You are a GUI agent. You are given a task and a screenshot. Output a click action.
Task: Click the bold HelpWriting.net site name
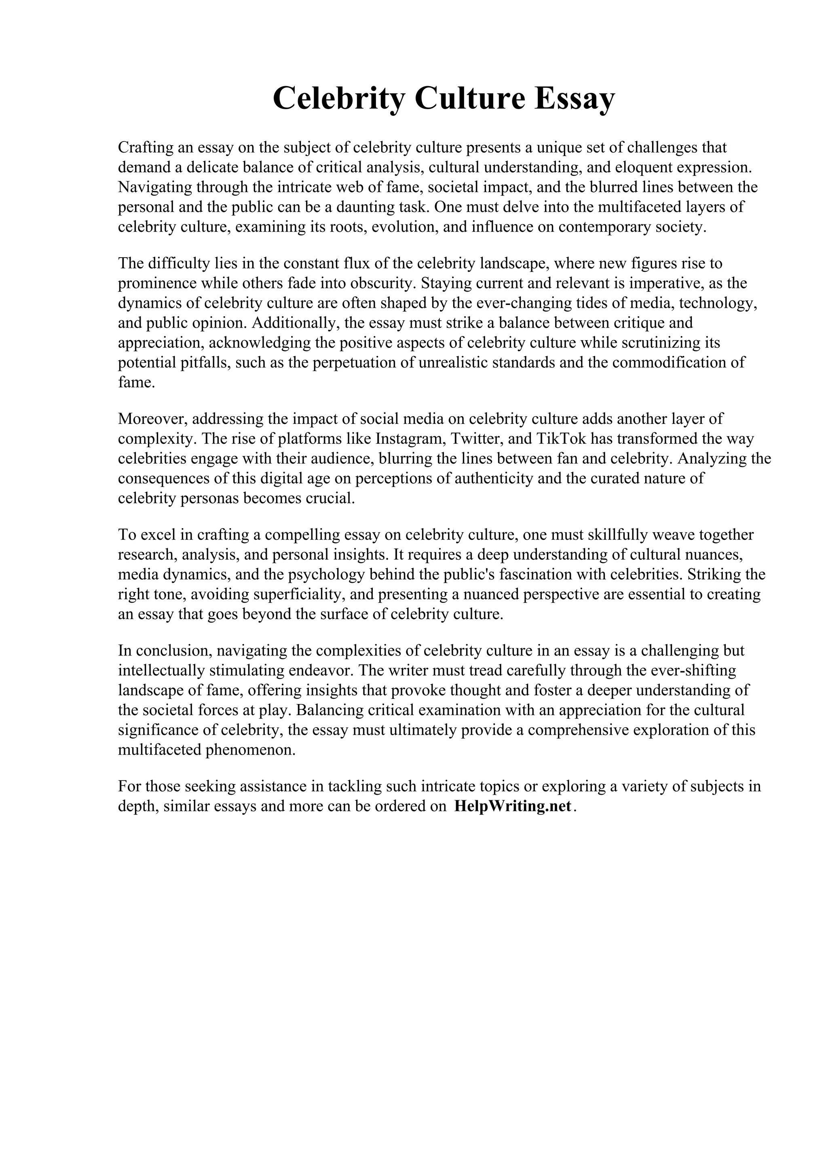[512, 806]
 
